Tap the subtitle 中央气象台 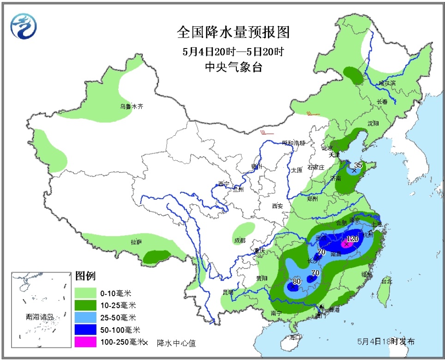pos(233,67)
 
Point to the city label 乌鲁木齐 pos(132,106)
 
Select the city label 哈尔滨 pos(387,83)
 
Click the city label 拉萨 pos(136,242)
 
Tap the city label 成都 pos(240,241)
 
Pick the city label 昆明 pos(228,292)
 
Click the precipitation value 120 pos(352,239)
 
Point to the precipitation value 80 pos(296,281)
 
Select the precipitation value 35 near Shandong pos(358,165)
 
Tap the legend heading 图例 pos(85,276)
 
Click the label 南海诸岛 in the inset pos(40,317)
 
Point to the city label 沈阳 pos(373,123)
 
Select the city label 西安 pos(277,206)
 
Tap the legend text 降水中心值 pos(176,342)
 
